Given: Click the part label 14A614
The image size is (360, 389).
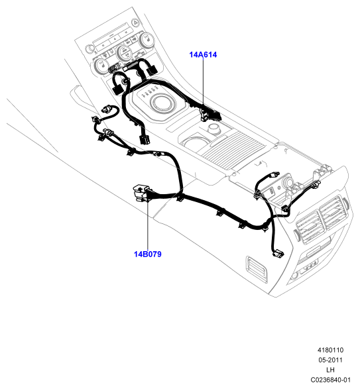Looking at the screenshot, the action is (203, 54).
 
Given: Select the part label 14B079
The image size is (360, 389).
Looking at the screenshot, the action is (147, 254).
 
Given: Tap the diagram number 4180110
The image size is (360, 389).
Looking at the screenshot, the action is (330, 350).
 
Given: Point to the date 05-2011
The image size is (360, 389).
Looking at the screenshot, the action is (330, 360).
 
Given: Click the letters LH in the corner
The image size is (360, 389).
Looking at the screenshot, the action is (330, 370).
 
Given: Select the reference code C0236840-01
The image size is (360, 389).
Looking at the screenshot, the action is (330, 380).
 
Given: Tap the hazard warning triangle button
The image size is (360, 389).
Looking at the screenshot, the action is (135, 23).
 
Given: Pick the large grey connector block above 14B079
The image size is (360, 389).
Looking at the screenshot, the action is (141, 193).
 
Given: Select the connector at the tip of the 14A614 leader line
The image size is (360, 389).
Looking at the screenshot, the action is (210, 115).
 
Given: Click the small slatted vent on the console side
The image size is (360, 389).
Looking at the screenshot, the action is (257, 270).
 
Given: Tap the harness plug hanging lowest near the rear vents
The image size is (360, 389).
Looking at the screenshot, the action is (278, 254).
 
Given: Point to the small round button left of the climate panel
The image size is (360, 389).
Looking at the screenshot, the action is (89, 48).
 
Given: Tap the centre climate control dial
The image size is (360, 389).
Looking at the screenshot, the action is (125, 52).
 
